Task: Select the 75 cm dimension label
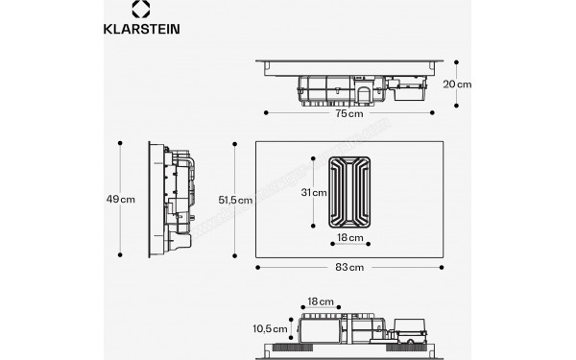point(348,114)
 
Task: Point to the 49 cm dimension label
point(121,199)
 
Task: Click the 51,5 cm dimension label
point(235,200)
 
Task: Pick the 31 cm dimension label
point(313,192)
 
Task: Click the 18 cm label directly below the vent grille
point(349,237)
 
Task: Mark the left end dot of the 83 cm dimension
point(258,265)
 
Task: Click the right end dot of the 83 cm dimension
point(442,265)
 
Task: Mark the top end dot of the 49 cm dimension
point(121,144)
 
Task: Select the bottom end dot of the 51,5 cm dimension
point(235,254)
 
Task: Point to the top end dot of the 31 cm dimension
point(313,156)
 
